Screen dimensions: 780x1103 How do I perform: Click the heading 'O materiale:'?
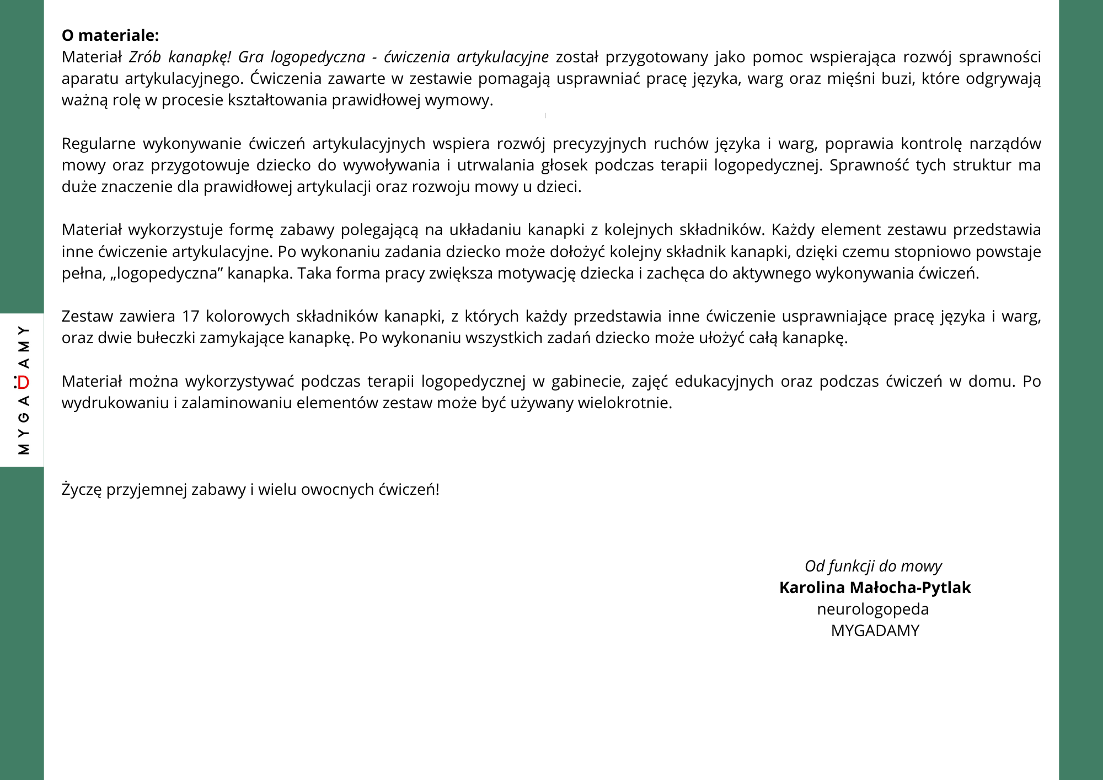(x=110, y=35)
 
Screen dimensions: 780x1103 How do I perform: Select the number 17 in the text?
(x=190, y=316)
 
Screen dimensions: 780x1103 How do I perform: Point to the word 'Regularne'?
(x=99, y=143)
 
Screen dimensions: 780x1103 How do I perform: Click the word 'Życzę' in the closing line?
(x=82, y=489)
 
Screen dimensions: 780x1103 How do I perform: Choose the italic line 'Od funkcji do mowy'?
(x=873, y=566)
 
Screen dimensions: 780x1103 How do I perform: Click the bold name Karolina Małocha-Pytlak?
(x=875, y=587)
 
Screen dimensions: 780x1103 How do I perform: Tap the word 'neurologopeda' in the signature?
(x=872, y=609)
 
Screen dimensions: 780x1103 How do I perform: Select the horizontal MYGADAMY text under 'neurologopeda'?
(x=875, y=631)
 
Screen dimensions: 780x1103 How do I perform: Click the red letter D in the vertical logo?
(x=23, y=382)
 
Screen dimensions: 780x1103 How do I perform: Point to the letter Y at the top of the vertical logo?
(x=23, y=330)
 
